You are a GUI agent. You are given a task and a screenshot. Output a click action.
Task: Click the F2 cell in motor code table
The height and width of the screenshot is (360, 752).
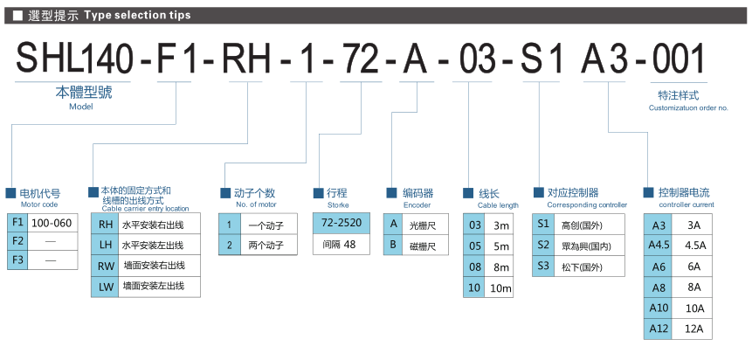tap(17, 241)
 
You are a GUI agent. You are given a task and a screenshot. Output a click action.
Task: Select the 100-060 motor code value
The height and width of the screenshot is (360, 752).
tap(52, 223)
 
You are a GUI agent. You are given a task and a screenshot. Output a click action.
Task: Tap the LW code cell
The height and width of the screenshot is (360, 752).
tap(105, 287)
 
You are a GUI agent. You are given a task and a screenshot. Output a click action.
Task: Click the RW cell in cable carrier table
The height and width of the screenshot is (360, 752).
tap(105, 267)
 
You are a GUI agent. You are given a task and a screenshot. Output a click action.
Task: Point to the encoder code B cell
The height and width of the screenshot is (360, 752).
tap(393, 245)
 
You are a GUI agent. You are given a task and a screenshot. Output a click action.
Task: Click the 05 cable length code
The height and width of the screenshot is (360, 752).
tap(475, 246)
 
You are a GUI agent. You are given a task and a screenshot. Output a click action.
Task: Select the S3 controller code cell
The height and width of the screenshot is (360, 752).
tap(543, 266)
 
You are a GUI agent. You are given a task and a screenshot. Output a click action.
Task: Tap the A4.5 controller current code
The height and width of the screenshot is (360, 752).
tap(659, 246)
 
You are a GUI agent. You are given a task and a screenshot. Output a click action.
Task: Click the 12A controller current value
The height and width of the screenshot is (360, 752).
tap(692, 329)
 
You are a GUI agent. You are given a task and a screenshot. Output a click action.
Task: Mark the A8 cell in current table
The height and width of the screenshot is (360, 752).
tap(659, 287)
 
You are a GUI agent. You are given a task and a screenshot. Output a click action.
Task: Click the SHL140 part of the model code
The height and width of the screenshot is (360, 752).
tap(74, 59)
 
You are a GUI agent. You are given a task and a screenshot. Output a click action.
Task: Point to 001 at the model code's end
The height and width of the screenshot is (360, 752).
tap(678, 59)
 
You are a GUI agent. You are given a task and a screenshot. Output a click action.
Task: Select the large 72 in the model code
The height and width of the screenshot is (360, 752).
tap(360, 59)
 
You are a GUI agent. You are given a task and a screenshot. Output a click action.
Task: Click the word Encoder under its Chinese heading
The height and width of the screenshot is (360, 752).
tap(417, 205)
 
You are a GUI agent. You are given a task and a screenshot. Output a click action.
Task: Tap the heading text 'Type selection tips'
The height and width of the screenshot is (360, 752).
tap(137, 16)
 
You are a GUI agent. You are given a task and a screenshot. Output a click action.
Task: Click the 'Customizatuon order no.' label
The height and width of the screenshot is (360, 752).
tap(688, 108)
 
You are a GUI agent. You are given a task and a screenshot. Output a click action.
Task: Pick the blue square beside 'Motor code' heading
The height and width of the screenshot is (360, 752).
tap(10, 193)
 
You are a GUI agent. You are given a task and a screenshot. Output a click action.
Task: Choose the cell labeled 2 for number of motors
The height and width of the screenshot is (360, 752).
tap(229, 245)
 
